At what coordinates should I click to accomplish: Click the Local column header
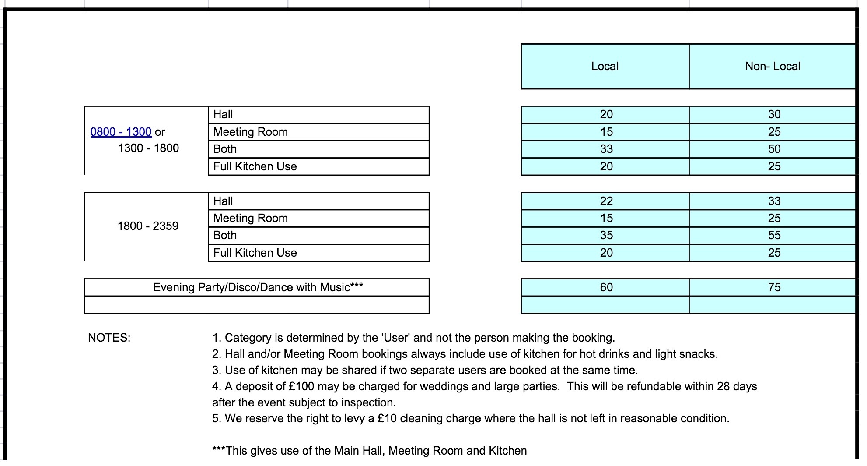point(605,66)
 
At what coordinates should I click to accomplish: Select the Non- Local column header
point(773,66)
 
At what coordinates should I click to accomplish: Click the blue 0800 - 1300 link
point(121,132)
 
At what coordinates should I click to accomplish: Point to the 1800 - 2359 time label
point(148,226)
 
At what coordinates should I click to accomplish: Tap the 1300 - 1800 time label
point(148,148)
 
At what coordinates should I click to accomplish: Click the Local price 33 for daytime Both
point(606,149)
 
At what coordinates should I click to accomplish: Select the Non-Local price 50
point(774,149)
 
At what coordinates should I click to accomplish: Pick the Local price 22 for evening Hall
point(606,201)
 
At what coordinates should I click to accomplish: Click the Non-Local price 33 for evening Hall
point(774,201)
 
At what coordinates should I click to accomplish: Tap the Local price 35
point(606,235)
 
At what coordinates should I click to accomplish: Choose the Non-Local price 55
point(774,235)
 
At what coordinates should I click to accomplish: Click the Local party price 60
point(606,287)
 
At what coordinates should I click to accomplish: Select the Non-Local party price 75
point(774,287)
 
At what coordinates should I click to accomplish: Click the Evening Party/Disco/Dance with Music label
point(258,287)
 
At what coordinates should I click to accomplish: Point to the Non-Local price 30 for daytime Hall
point(774,114)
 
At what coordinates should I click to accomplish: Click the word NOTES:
point(109,338)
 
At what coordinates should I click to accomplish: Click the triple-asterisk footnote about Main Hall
point(369,451)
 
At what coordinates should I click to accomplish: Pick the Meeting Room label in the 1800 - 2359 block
point(250,218)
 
